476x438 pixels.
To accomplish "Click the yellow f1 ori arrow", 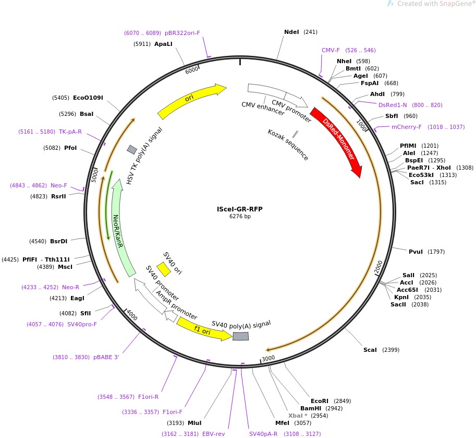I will pos(203,330).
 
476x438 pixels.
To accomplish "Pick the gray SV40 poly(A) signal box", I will pos(240,336).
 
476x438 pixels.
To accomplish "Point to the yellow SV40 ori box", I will pos(164,269).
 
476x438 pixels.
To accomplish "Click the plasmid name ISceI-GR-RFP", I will pos(240,209).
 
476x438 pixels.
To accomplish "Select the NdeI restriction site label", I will pos(291,32).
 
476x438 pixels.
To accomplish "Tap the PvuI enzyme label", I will pos(416,252).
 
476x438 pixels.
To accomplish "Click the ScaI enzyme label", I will pos(370,350).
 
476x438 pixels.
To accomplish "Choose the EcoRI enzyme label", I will pos(320,401).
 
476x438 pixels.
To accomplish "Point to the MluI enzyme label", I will pos(194,423).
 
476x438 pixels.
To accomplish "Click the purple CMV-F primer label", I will pos(331,50).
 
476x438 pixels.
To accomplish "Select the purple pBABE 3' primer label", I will pos(107,357).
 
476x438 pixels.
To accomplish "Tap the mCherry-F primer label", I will pos(406,127).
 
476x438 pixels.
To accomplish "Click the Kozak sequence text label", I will pos(288,145).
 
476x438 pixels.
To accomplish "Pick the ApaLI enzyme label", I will pos(163,44).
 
